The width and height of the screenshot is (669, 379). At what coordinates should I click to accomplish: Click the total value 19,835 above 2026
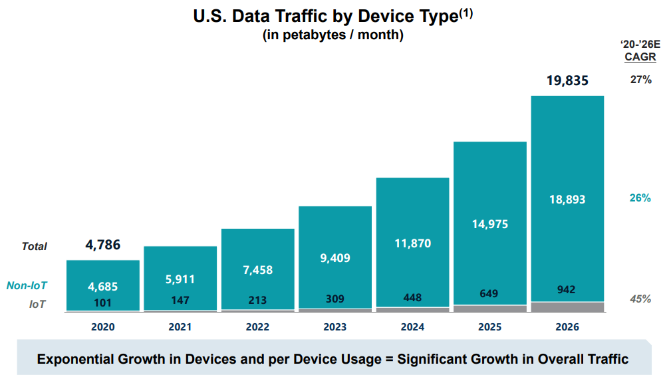pyautogui.click(x=567, y=81)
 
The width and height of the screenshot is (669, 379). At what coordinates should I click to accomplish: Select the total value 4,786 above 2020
pyautogui.click(x=103, y=245)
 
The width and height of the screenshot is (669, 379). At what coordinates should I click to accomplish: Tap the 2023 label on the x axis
pyautogui.click(x=335, y=327)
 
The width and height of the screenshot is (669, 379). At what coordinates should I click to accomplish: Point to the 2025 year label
pyautogui.click(x=490, y=327)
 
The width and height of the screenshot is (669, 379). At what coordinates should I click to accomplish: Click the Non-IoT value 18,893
pyautogui.click(x=567, y=199)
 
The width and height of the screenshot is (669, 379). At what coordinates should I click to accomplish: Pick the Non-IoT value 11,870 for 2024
pyautogui.click(x=412, y=243)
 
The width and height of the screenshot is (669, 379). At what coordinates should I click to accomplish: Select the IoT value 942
pyautogui.click(x=567, y=289)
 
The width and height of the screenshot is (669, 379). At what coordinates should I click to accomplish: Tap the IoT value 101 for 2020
pyautogui.click(x=103, y=303)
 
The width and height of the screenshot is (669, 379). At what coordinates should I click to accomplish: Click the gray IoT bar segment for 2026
pyautogui.click(x=567, y=307)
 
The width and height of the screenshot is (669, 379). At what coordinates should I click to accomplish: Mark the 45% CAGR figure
pyautogui.click(x=640, y=299)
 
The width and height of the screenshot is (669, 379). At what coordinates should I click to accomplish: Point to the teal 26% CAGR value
pyautogui.click(x=640, y=197)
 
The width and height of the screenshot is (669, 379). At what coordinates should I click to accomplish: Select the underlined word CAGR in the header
pyautogui.click(x=640, y=57)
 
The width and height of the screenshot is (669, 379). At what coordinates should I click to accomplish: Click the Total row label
pyautogui.click(x=35, y=247)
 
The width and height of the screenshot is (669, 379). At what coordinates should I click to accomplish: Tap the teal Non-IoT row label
pyautogui.click(x=27, y=286)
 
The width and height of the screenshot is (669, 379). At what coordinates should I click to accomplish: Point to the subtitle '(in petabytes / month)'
pyautogui.click(x=333, y=36)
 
